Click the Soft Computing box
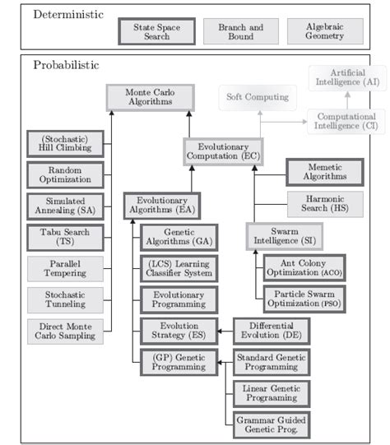point(258,98)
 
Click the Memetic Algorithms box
point(323,172)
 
